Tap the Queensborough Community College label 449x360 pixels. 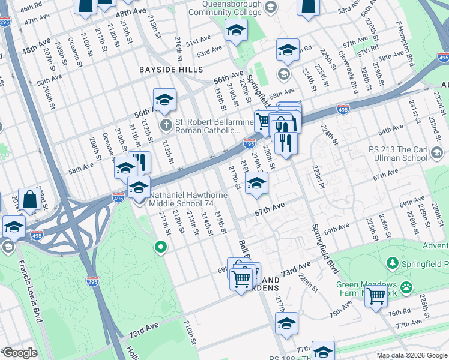232,7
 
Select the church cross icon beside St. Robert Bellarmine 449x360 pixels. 166,125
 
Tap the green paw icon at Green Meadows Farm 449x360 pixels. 407,287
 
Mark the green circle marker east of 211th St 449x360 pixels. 160,246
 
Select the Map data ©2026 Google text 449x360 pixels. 411,355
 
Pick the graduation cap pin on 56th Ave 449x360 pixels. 164,100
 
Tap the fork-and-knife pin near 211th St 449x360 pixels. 140,161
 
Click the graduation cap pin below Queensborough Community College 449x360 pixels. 236,30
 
